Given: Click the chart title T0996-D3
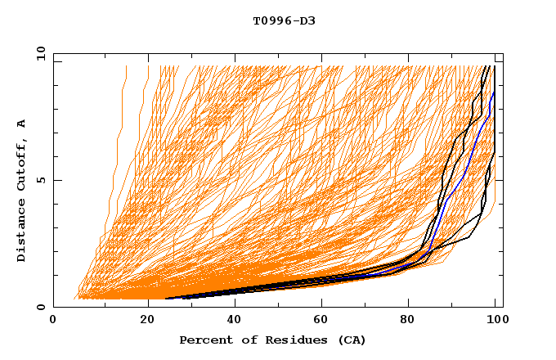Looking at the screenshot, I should [284, 20].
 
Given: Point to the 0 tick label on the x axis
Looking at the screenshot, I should [54, 322].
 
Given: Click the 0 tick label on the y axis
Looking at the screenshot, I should [39, 307].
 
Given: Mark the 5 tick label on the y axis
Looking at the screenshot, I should [39, 180].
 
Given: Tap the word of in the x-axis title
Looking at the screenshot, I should [244, 340].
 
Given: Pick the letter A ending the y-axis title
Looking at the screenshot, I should [21, 123].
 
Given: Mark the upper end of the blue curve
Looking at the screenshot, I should [494, 92].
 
